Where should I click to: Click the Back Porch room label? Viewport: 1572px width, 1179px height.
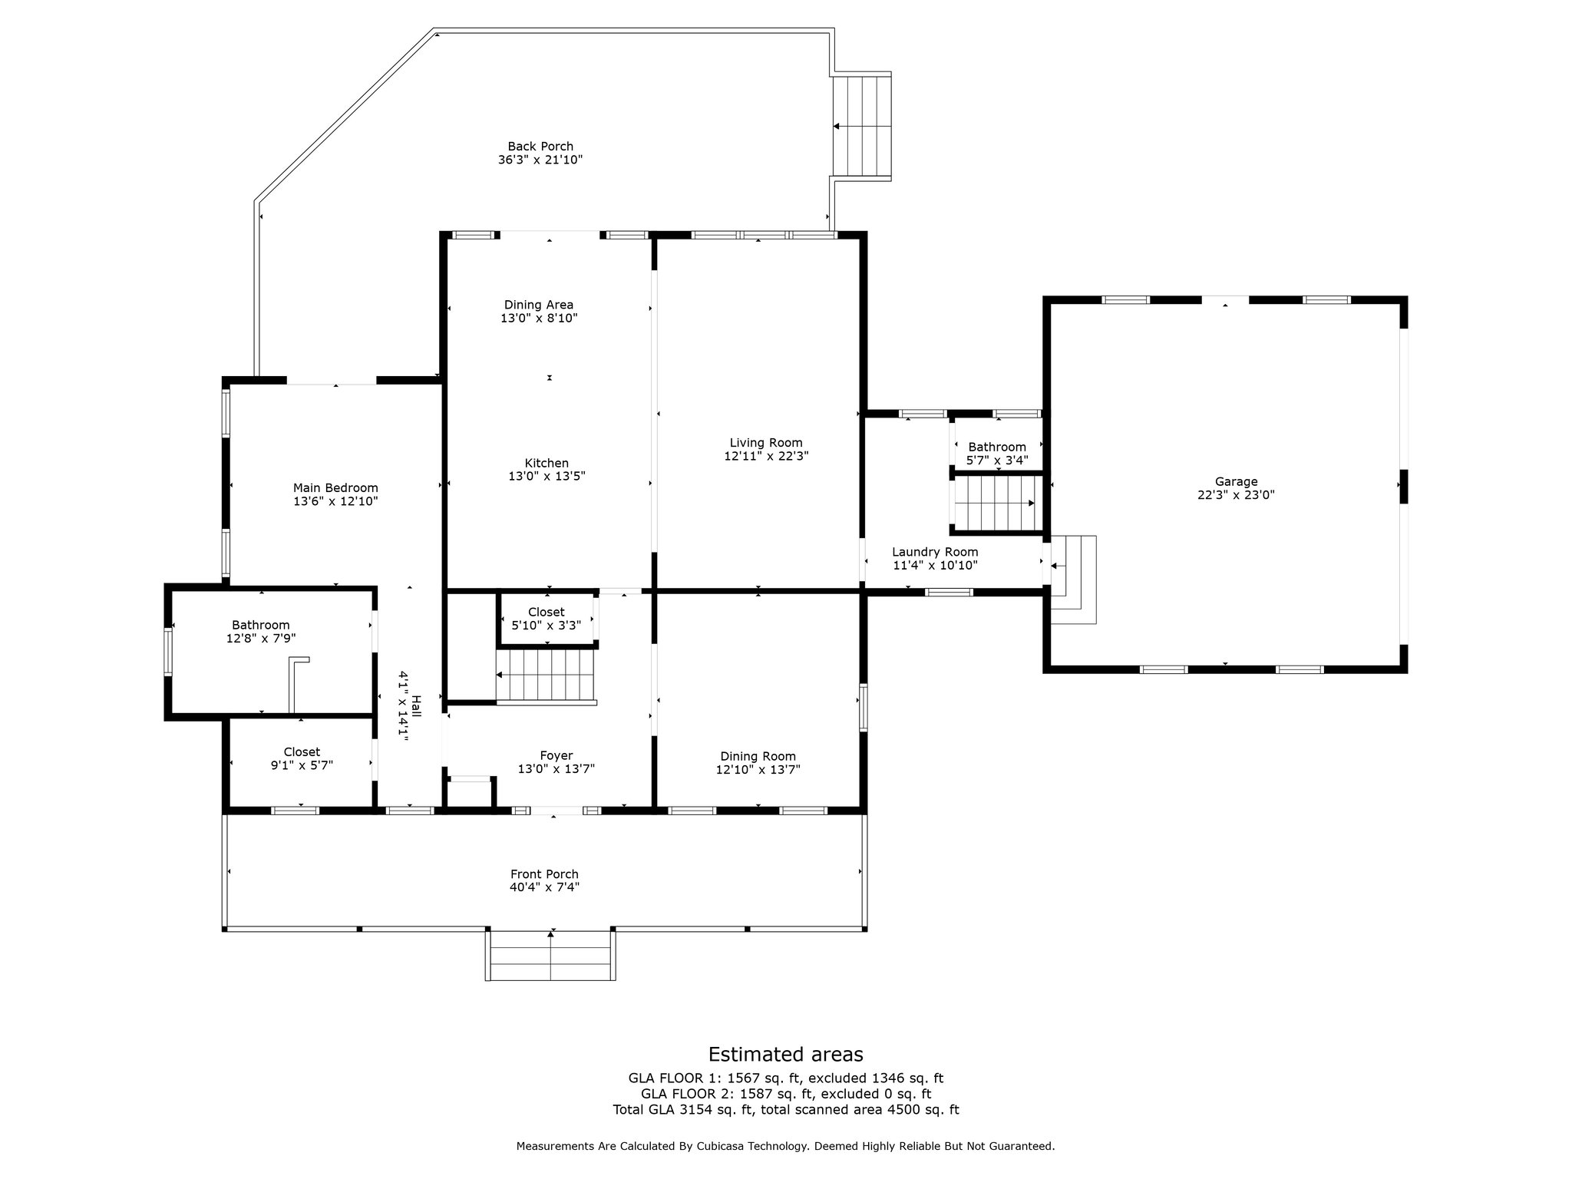[540, 147]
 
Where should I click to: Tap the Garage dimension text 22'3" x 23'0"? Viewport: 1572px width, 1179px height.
[1236, 495]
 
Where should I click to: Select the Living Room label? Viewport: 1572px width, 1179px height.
[766, 443]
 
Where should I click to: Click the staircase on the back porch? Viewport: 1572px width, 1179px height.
[862, 126]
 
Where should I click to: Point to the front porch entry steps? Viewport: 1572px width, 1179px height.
[550, 955]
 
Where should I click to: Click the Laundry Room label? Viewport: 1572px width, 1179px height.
[935, 552]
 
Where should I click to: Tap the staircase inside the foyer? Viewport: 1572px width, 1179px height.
[546, 675]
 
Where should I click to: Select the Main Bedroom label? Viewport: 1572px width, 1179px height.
[335, 488]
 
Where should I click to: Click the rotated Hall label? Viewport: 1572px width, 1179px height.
[416, 705]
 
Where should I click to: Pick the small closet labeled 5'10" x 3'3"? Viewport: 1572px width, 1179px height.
[547, 619]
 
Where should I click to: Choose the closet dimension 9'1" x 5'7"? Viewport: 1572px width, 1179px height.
[302, 765]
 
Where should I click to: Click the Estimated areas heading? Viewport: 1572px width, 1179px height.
[785, 1054]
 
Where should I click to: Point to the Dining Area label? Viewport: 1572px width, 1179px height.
[538, 305]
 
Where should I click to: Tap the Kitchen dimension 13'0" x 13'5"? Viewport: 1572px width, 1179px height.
[547, 476]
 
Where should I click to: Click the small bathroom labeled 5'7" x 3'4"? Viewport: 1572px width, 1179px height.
[997, 454]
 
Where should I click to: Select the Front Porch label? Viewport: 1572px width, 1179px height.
[544, 874]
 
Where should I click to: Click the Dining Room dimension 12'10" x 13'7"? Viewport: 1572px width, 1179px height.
[758, 769]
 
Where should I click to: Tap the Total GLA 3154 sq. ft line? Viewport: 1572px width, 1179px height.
[785, 1110]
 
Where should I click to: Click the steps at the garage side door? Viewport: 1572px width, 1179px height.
[1073, 580]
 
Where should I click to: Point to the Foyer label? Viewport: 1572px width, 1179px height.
[556, 756]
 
